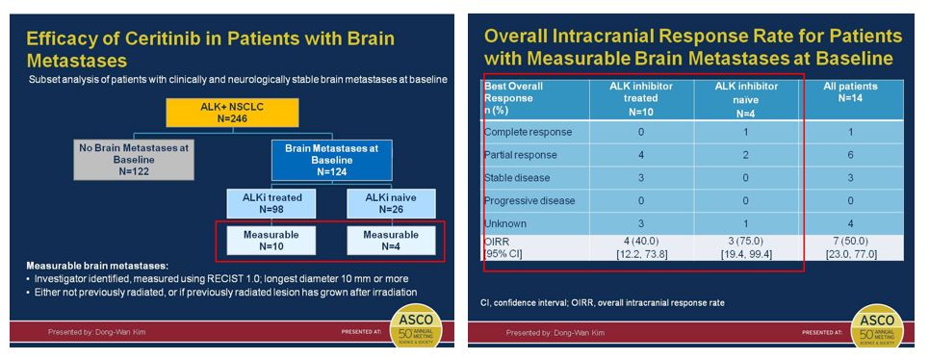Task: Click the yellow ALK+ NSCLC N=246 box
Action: pos(232,113)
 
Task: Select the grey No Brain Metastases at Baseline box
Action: pos(133,159)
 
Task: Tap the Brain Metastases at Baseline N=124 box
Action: pos(332,160)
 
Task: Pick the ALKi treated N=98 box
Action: pos(271,203)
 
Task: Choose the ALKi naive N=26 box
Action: pos(391,203)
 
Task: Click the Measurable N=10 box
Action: pos(271,241)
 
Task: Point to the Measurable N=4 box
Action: pos(391,241)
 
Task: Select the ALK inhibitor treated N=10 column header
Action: pos(641,97)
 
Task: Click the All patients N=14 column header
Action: pos(850,91)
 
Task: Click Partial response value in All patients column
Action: pos(850,155)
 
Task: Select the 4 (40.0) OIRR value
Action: pos(641,243)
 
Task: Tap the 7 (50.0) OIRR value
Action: pos(850,243)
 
